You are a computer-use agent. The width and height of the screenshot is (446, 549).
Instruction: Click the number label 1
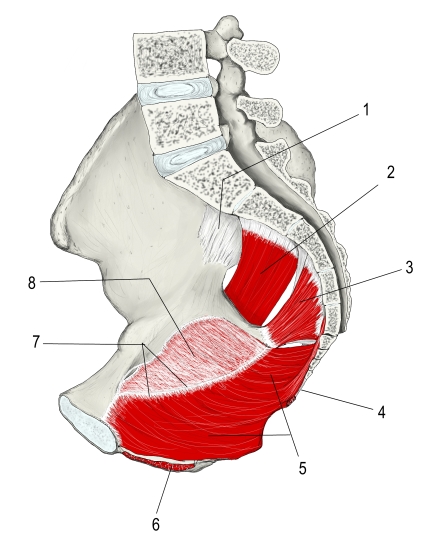coord(366,110)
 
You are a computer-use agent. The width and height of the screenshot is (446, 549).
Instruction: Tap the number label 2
coord(390,172)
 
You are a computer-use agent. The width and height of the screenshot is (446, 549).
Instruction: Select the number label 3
coord(409,267)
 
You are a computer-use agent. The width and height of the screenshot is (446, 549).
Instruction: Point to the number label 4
coord(381,412)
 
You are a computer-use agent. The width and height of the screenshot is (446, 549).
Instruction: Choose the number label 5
coord(302,467)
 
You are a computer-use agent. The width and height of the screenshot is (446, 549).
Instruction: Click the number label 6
coord(156,524)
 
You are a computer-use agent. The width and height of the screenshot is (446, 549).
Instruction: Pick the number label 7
coord(36,342)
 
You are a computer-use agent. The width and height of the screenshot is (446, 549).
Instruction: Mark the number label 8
coord(32,283)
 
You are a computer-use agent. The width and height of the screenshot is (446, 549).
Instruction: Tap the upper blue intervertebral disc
coord(176,91)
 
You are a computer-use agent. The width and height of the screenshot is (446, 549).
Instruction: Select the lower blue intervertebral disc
coord(188,155)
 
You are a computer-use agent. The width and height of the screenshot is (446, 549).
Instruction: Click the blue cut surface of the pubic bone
coord(88,424)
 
